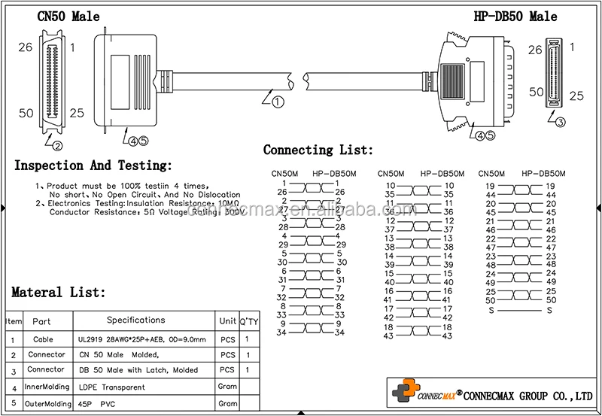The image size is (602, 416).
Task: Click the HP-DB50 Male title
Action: (515, 16)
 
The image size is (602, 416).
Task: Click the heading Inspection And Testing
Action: (93, 165)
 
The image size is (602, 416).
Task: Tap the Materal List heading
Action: (59, 292)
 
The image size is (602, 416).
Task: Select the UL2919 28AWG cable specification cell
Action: (141, 340)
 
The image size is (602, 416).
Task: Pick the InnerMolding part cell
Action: (46, 387)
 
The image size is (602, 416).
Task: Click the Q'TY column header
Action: (248, 321)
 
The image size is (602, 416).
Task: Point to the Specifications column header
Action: (141, 320)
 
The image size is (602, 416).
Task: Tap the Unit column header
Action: (227, 321)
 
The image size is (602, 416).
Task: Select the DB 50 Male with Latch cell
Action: (138, 370)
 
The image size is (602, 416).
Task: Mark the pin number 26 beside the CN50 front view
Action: (25, 47)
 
